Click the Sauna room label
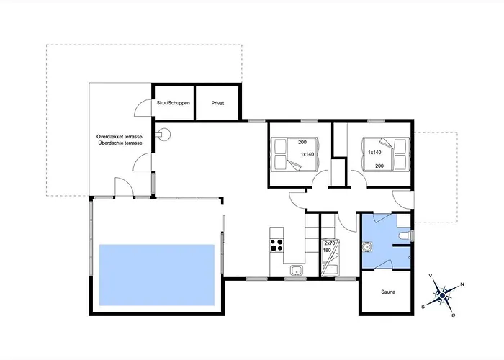pyautogui.click(x=388, y=292)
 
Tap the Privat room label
pyautogui.click(x=217, y=103)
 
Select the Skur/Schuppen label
pyautogui.click(x=174, y=103)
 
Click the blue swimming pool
pyautogui.click(x=157, y=275)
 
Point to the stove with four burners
pyautogui.click(x=276, y=245)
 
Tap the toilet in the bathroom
pyautogui.click(x=405, y=236)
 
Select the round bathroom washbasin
pyautogui.click(x=366, y=247)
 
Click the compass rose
pyautogui.click(x=443, y=295)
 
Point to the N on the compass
pyautogui.click(x=462, y=284)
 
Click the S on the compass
pyautogui.click(x=423, y=307)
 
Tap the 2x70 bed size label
pyautogui.click(x=330, y=243)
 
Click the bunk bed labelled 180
pyautogui.click(x=330, y=258)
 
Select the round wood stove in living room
pyautogui.click(x=165, y=135)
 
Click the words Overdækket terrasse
pyautogui.click(x=120, y=137)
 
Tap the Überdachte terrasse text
pyautogui.click(x=120, y=143)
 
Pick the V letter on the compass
pyautogui.click(x=431, y=276)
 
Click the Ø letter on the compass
pyautogui.click(x=454, y=315)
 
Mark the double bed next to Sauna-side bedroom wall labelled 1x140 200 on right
pyautogui.click(x=386, y=153)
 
